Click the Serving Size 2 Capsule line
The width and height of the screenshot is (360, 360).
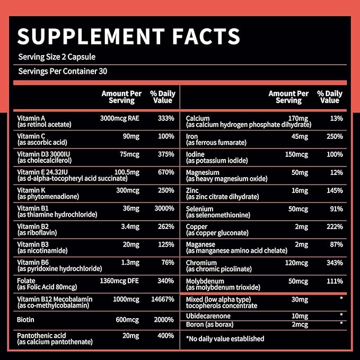coord(56,57)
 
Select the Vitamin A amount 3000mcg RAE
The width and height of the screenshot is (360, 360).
coord(121,118)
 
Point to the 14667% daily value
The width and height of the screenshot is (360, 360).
coord(162,299)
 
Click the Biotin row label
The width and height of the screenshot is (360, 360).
coord(26,320)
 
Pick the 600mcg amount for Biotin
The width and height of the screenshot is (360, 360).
coord(128,320)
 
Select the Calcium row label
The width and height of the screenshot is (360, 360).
coord(198,118)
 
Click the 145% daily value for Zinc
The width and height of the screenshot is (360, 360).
coord(335,190)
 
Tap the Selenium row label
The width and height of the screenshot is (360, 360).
coord(200,209)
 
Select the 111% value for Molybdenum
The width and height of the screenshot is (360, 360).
coord(335,280)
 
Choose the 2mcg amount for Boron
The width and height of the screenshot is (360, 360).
coord(300,324)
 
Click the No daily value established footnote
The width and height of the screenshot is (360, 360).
coord(225,338)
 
